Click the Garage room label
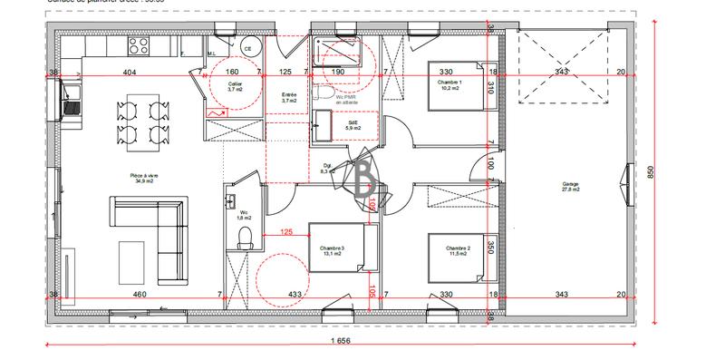click(x=570, y=187)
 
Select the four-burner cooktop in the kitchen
click(x=139, y=45)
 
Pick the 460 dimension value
click(x=140, y=295)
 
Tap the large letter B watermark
click(x=366, y=176)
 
